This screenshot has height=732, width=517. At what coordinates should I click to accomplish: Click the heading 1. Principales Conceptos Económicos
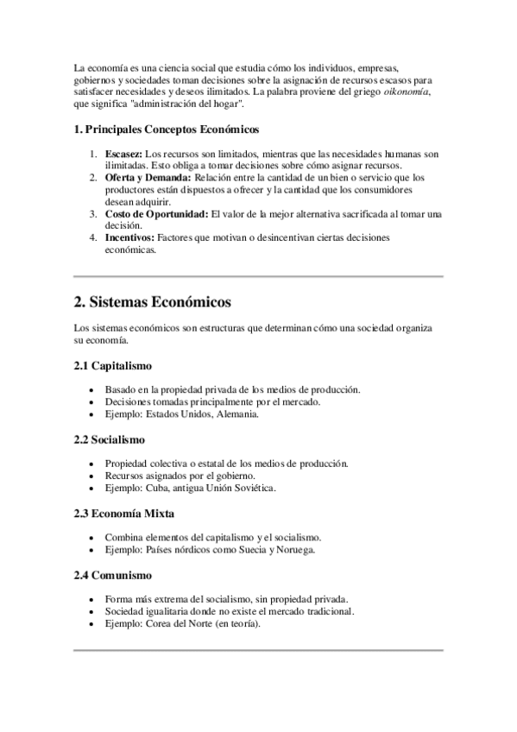tap(166, 129)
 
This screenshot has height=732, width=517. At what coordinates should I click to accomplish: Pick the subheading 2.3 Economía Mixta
tap(123, 514)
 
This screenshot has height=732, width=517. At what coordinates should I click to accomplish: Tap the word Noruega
tap(298, 549)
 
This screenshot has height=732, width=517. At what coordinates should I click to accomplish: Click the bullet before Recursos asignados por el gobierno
tap(92, 476)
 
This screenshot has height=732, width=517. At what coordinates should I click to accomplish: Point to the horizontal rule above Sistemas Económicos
tap(258, 276)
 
